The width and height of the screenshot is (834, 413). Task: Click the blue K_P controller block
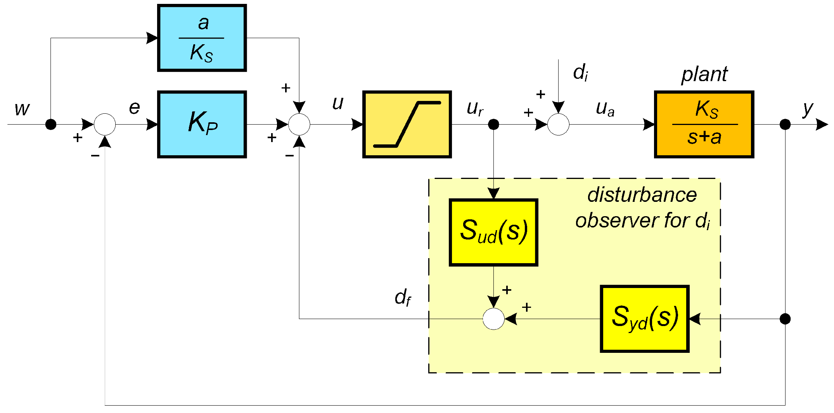point(202,124)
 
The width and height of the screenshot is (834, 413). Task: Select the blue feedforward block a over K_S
point(202,38)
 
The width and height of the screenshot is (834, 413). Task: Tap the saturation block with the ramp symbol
point(407,124)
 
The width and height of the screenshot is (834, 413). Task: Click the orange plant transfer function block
point(704,124)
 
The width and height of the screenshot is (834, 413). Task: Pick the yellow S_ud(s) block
point(493,232)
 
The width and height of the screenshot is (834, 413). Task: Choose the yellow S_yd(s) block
point(644,319)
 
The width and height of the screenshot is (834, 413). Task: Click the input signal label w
point(22,109)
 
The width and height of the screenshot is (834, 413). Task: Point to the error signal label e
point(134,108)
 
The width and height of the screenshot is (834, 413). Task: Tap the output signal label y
point(808,109)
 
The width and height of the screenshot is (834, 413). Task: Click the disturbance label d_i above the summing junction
point(580,73)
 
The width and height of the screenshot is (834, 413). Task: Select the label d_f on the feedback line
point(402,298)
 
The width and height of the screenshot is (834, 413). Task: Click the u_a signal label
point(605,109)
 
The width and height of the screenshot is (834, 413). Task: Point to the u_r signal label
point(475,109)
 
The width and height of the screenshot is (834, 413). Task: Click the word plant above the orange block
point(704,74)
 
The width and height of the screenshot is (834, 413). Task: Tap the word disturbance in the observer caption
point(642,195)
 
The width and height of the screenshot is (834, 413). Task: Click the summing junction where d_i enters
point(558,124)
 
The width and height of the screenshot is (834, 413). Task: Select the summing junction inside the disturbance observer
point(493,319)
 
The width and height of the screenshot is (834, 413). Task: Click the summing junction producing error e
point(105,124)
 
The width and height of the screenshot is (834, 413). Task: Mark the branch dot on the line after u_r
point(493,124)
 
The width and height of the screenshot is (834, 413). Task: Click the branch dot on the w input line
point(51,124)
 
